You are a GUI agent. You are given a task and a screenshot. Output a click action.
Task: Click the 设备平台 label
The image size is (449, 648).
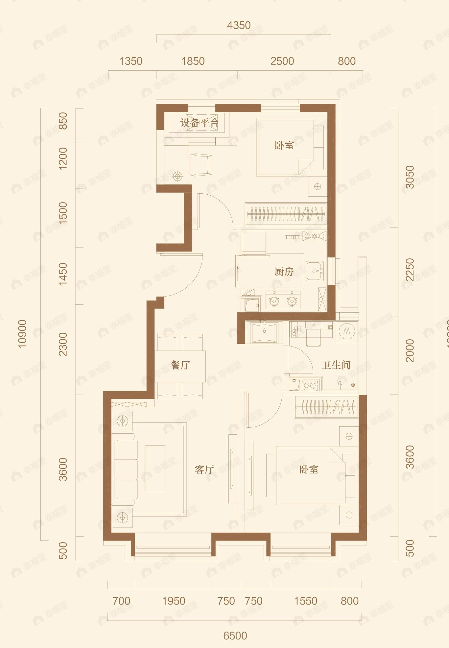click(x=200, y=123)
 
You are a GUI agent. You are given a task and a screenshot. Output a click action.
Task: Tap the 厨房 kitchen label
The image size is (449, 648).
click(x=284, y=272)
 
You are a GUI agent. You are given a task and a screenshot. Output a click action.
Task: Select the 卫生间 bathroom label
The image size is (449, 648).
click(x=336, y=365)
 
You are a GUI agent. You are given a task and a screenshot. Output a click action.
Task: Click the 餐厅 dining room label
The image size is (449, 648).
click(x=180, y=365)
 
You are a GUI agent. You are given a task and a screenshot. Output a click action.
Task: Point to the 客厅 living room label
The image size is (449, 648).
click(x=204, y=469)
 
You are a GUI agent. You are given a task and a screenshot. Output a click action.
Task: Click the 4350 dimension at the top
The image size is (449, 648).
click(x=239, y=25)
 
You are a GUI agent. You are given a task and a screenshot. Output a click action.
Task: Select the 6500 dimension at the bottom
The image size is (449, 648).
click(x=235, y=636)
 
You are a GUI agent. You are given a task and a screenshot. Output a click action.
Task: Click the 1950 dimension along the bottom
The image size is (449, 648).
click(x=174, y=601)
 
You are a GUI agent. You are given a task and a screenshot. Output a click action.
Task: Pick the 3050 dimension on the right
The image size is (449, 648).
click(x=410, y=177)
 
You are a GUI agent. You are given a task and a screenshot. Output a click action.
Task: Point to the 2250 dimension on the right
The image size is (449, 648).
click(x=410, y=270)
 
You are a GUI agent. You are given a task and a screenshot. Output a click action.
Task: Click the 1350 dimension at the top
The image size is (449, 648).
click(x=130, y=61)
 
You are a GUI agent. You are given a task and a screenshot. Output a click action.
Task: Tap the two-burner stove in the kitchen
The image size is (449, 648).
click(x=283, y=300)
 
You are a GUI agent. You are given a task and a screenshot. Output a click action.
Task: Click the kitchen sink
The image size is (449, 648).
click(x=315, y=271)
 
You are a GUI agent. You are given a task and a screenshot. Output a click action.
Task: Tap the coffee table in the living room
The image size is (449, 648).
click(x=155, y=469)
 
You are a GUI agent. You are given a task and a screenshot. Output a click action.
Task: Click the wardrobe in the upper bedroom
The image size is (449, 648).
click(x=285, y=214)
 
